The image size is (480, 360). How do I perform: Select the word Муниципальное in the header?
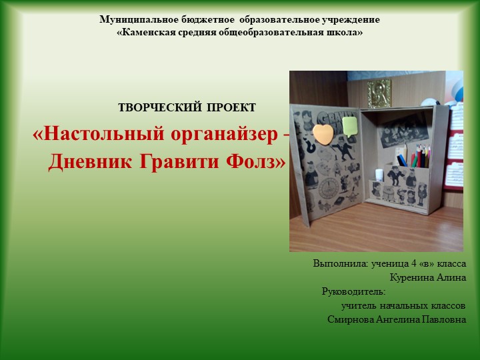138,19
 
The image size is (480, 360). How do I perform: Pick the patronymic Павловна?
443,319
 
